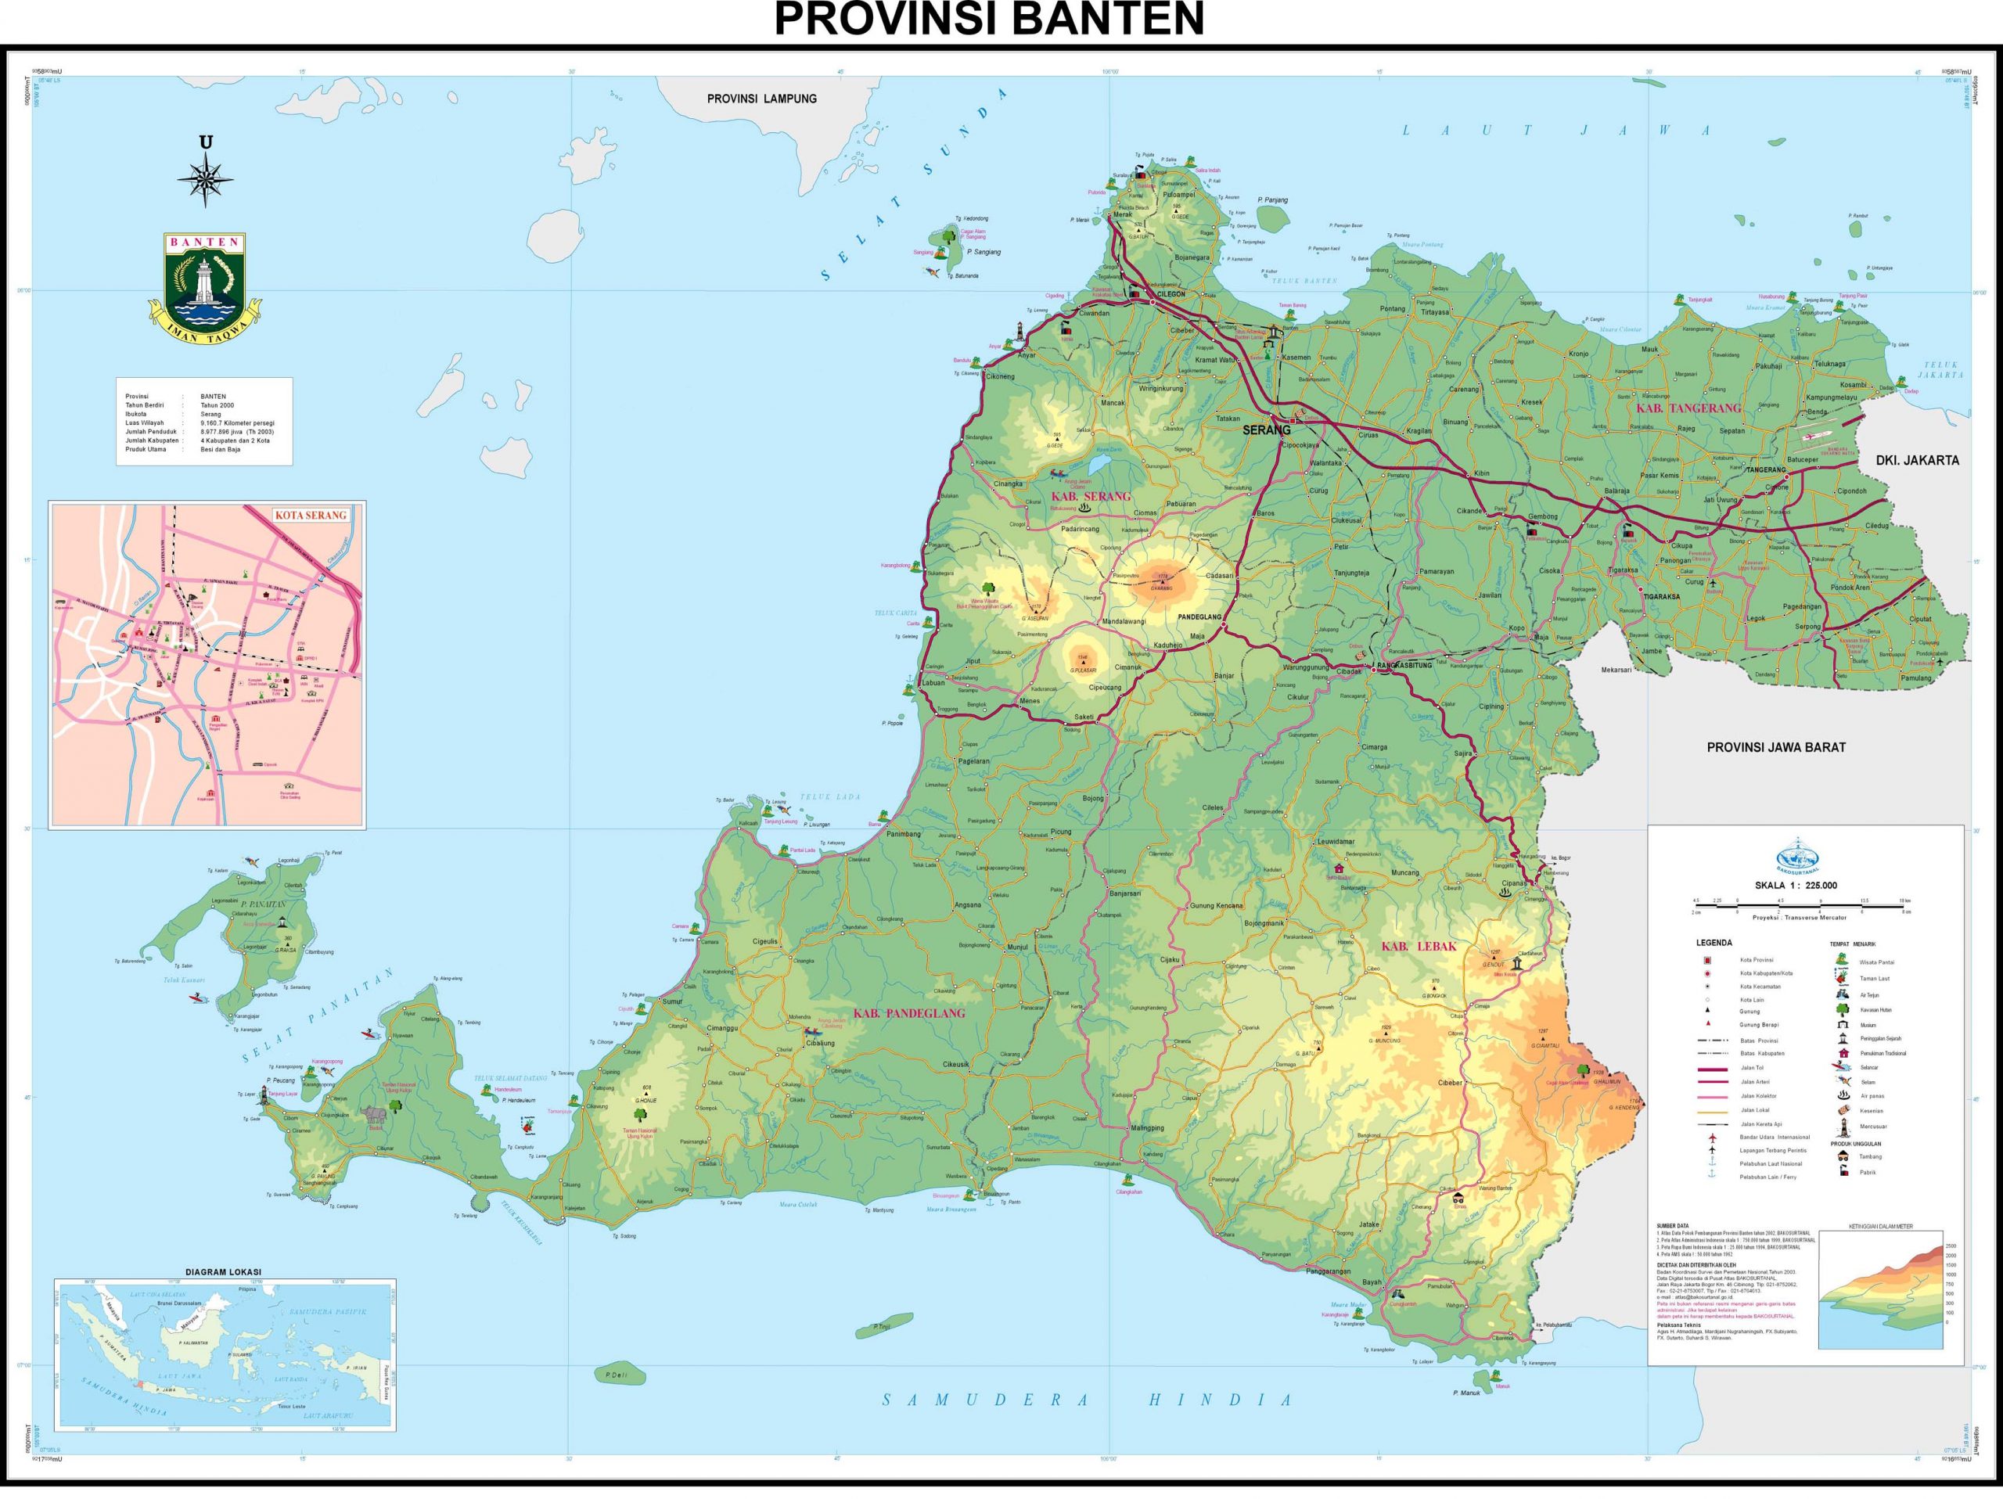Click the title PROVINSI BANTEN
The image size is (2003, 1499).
pyautogui.click(x=989, y=20)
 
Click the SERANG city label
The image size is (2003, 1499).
pyautogui.click(x=1265, y=430)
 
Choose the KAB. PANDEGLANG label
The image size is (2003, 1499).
pyautogui.click(x=908, y=1014)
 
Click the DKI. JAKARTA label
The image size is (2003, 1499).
pyautogui.click(x=1916, y=460)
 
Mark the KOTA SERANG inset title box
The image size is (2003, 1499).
pyautogui.click(x=310, y=515)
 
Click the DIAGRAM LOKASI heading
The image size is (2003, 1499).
pyautogui.click(x=223, y=1272)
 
